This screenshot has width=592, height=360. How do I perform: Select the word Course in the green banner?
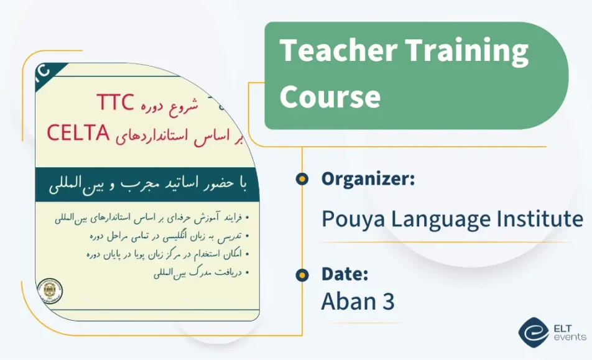(330, 96)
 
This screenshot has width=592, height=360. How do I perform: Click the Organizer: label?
(368, 179)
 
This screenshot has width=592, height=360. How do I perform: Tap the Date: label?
(345, 274)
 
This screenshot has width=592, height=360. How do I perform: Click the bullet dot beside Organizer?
(302, 179)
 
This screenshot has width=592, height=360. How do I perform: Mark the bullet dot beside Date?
(302, 274)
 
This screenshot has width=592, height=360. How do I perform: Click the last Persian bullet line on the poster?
(199, 272)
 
